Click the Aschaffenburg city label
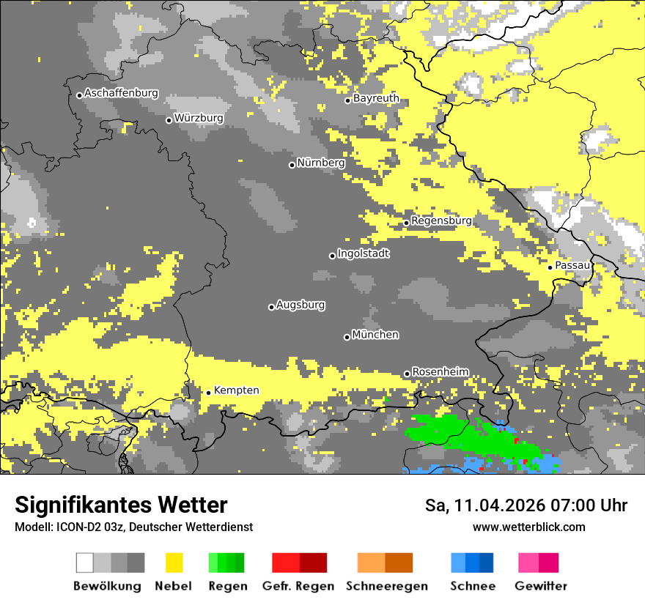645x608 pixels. tap(121, 93)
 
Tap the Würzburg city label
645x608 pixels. tap(199, 118)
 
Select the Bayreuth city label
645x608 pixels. tap(376, 98)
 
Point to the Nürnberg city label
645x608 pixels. tap(321, 163)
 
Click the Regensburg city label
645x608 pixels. tap(441, 220)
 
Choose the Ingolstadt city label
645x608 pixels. tap(364, 253)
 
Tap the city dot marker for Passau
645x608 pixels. tap(550, 267)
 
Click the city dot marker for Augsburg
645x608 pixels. tap(271, 307)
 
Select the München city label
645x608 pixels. tap(375, 335)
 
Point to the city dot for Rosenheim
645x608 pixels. tap(407, 374)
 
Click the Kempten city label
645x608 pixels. tap(236, 390)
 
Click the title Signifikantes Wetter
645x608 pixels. tap(121, 505)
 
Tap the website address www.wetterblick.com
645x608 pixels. tap(528, 527)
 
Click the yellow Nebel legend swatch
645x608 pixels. tap(174, 563)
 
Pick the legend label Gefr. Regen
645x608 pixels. tap(298, 587)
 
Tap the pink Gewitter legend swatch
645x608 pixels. tap(528, 563)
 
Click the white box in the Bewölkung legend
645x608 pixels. tap(85, 563)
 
